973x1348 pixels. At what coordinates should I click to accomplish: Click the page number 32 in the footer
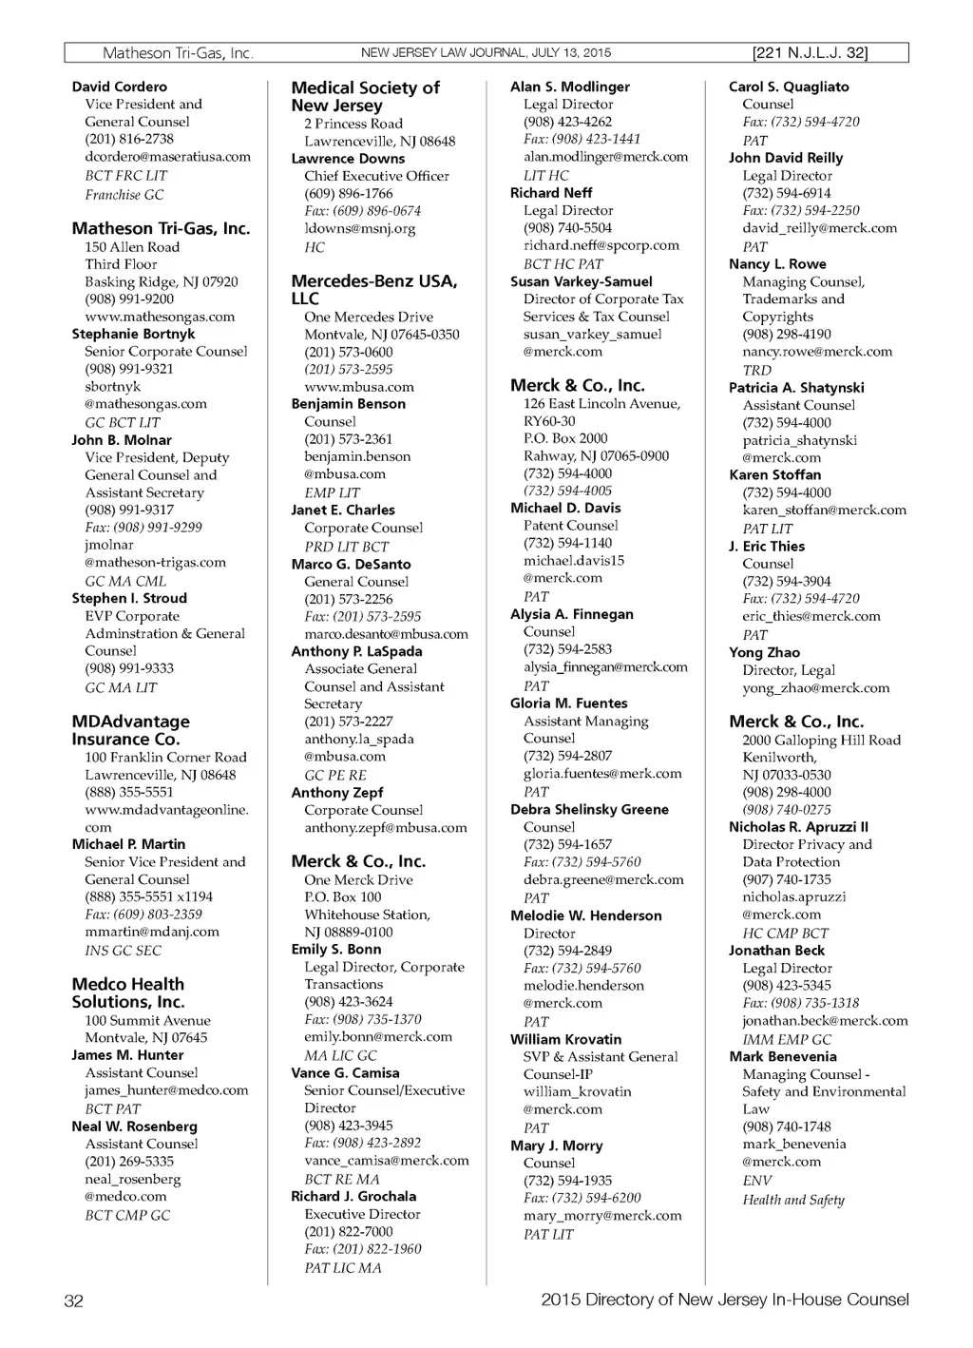coord(73,1300)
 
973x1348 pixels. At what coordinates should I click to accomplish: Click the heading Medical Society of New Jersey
coord(365,97)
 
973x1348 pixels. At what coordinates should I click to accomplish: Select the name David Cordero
coord(119,87)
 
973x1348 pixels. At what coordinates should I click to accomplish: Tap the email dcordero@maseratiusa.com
coord(167,157)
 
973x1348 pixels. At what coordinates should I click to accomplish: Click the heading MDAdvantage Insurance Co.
coord(130,730)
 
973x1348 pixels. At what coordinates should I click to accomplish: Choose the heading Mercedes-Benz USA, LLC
coord(373,290)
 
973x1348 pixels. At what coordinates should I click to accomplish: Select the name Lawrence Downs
coord(348,159)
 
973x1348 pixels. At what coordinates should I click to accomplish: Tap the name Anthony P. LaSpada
coord(356,651)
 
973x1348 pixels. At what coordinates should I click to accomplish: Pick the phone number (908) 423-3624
coord(348,1002)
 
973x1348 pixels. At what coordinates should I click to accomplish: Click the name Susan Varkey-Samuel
coord(582,281)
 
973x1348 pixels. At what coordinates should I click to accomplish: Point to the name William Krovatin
coord(565,1039)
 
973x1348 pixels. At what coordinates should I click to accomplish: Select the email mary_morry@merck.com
coord(602,1216)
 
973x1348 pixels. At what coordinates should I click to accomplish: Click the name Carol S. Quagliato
coord(789,87)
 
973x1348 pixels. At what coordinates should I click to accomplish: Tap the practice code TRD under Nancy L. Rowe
coord(757,370)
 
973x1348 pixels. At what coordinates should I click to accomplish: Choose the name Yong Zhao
coord(764,653)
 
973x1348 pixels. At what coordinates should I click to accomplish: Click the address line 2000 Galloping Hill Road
coord(821,741)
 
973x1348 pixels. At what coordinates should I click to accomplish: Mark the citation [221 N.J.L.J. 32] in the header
coord(809,53)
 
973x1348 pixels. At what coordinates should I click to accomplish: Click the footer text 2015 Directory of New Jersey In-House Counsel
coord(724,1300)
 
